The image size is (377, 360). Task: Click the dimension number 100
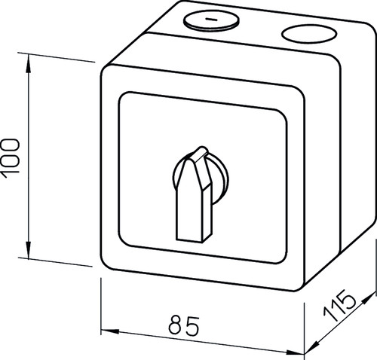(11, 159)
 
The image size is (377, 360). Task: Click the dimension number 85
(184, 325)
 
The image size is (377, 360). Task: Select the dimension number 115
(340, 305)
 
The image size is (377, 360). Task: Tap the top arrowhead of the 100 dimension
(29, 64)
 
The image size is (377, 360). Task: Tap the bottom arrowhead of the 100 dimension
(29, 249)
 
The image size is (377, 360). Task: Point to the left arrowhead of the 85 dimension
(110, 331)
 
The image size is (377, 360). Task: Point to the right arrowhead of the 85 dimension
(295, 352)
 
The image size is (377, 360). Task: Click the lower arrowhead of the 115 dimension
(311, 347)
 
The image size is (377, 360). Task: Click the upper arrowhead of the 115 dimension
(369, 299)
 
